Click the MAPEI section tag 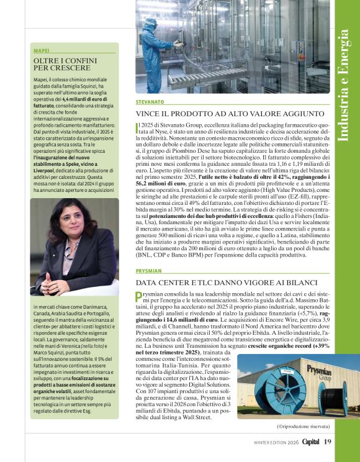[42, 50]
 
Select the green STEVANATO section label [150, 101]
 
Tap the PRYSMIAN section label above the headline [148, 271]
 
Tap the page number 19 [328, 442]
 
